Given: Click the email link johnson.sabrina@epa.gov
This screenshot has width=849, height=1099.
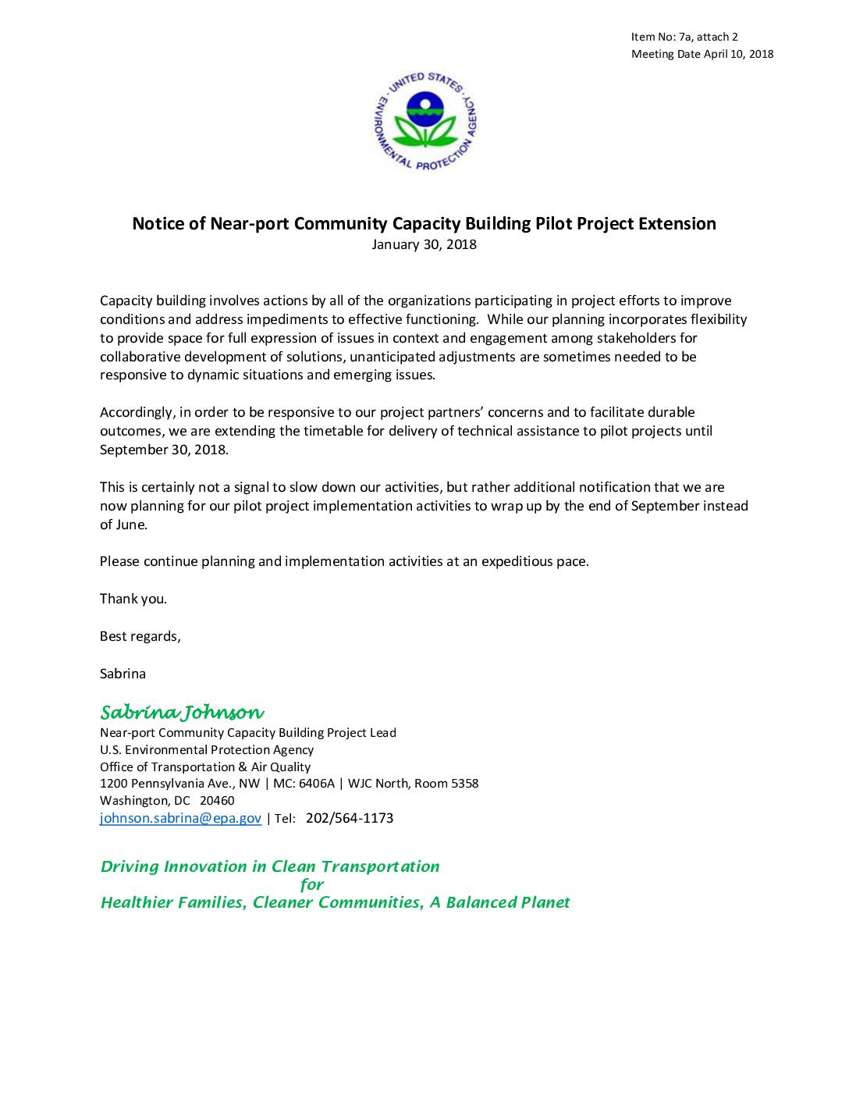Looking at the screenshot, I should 180,819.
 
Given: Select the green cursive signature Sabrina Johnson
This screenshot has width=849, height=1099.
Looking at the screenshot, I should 182,713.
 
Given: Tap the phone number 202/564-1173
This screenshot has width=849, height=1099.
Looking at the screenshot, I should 350,819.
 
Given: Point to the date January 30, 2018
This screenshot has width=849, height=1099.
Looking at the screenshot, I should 424,245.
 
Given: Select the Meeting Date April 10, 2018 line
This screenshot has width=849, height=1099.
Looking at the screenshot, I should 702,54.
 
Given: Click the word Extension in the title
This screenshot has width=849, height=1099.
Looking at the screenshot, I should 677,224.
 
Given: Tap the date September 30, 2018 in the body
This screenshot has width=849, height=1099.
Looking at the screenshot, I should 164,450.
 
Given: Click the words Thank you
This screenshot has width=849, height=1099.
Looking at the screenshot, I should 133,599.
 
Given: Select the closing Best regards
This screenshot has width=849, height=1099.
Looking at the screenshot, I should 140,636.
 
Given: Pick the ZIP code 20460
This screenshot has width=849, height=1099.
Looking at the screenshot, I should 217,801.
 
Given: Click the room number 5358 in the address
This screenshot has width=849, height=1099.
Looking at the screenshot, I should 464,784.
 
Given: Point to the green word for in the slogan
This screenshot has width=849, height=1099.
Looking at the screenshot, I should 312,884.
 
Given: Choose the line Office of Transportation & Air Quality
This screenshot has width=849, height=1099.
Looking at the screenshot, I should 205,766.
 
